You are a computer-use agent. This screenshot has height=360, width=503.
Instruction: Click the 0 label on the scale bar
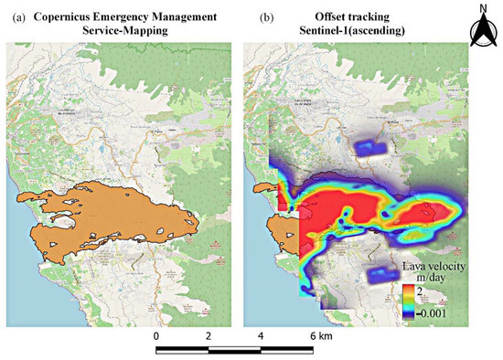156,336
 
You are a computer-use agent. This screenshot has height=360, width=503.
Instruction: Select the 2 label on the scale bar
209,336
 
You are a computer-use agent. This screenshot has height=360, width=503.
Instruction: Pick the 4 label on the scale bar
261,336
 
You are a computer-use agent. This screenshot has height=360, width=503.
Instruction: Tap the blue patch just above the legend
380,272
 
